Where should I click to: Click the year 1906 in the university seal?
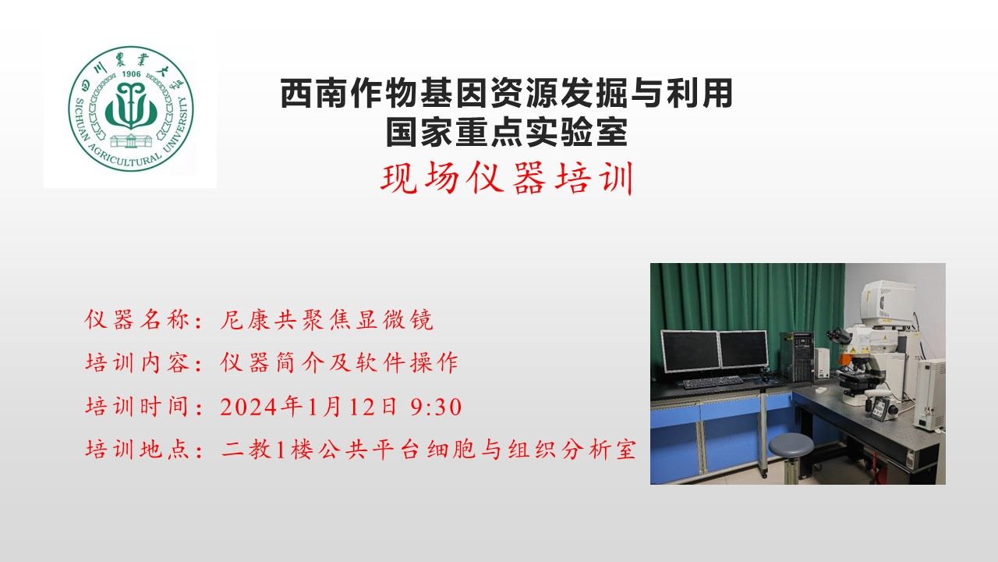click(x=131, y=74)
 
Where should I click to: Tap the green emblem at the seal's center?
click(x=131, y=105)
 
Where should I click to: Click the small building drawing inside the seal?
click(x=131, y=140)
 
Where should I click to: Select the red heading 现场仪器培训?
click(x=507, y=178)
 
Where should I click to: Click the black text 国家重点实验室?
click(x=507, y=132)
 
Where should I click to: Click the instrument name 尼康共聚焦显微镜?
click(x=327, y=319)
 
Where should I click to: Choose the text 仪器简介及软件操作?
click(x=339, y=362)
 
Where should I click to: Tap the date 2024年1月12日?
click(x=308, y=407)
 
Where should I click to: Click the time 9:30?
click(x=436, y=407)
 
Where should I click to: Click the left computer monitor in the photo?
click(x=690, y=351)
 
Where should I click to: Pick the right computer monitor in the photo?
click(x=744, y=349)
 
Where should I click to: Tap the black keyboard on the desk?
click(x=713, y=382)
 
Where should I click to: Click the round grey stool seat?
click(x=791, y=445)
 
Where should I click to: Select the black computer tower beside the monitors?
click(x=798, y=357)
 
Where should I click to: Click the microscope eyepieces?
click(x=837, y=336)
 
